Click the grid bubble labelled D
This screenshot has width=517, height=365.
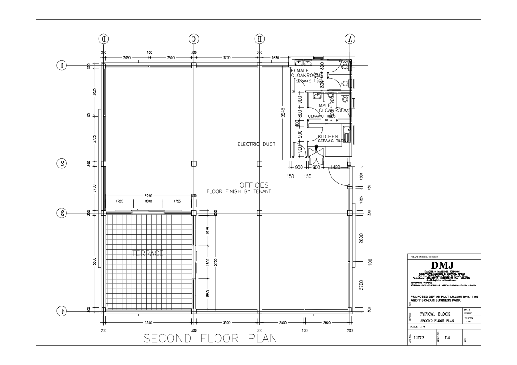[x=103, y=39]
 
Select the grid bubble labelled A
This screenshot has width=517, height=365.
[x=349, y=39]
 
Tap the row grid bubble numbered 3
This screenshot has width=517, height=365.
[x=63, y=213]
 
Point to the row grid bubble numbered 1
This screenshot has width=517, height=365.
[x=63, y=66]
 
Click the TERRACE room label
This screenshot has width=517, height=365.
[x=148, y=253]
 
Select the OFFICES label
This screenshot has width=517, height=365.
[x=254, y=185]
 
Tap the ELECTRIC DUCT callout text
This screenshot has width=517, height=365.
[x=256, y=144]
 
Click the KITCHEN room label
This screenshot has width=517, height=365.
[x=328, y=137]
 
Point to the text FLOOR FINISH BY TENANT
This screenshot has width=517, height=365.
[x=239, y=191]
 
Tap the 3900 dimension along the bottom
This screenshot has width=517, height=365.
[x=226, y=323]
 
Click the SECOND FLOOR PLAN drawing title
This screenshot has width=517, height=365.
[x=210, y=338]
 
